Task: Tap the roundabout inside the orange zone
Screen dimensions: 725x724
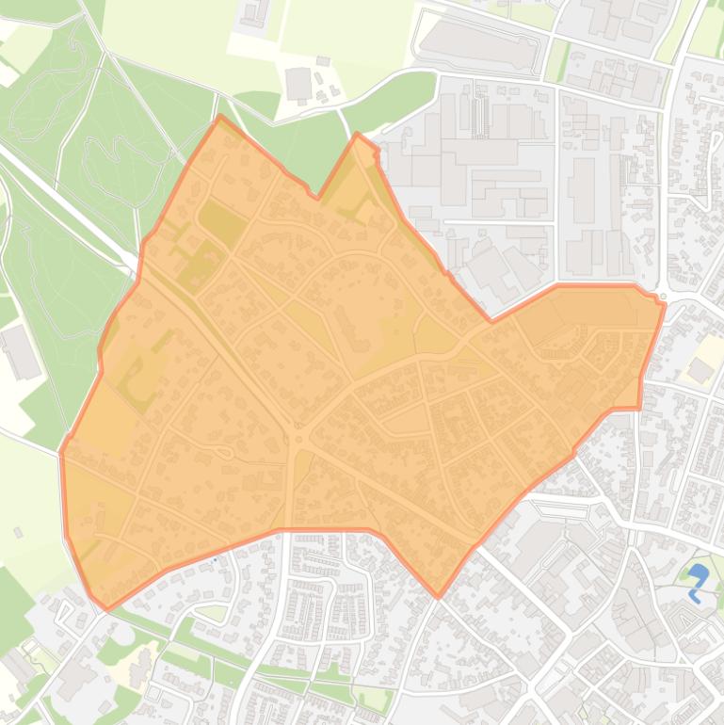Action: click(299, 439)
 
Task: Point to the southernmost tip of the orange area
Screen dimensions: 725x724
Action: click(438, 596)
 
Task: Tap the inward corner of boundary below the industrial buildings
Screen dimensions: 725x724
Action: click(491, 320)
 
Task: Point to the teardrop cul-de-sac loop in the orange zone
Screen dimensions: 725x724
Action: click(224, 453)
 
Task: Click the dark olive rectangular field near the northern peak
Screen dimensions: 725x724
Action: click(221, 218)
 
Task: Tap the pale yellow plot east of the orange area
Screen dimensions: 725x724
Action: click(701, 370)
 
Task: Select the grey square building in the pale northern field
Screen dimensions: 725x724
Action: click(298, 84)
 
